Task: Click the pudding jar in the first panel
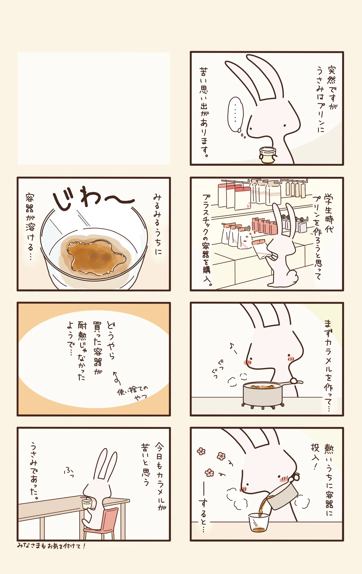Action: pos(268,155)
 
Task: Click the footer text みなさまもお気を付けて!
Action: pos(51,546)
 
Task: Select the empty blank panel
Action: pos(94,108)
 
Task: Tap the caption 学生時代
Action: pos(329,213)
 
